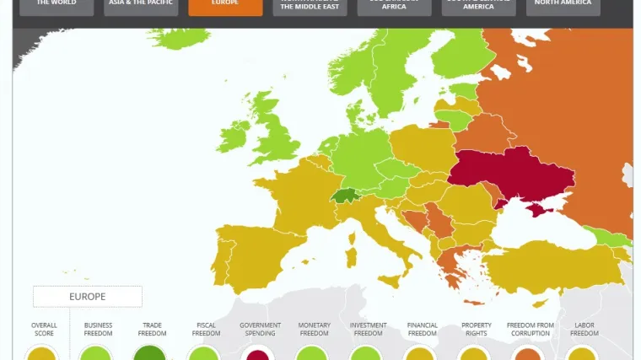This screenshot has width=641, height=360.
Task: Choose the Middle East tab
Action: coord(310,7)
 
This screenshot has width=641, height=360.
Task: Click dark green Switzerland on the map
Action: coord(343,196)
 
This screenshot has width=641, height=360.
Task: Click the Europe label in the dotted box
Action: coord(87,297)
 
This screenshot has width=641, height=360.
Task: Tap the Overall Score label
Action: coord(43,329)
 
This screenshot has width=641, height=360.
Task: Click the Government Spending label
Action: coord(260,329)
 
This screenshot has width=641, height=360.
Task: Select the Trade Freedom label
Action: coord(152,329)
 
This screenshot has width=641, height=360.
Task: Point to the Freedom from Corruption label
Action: coord(531,329)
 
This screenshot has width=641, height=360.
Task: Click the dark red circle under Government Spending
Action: coord(258,354)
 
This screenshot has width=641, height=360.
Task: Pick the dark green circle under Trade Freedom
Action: coord(151,354)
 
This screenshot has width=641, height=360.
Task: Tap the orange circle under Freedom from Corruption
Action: coord(529,354)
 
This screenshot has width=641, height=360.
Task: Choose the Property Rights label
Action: coord(477,329)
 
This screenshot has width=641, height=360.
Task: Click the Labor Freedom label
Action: coord(584,329)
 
